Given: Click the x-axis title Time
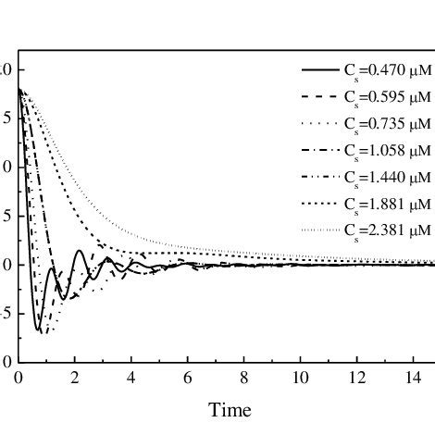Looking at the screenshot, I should click(x=230, y=409).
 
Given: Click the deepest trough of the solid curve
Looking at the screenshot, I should click(x=38, y=329).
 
